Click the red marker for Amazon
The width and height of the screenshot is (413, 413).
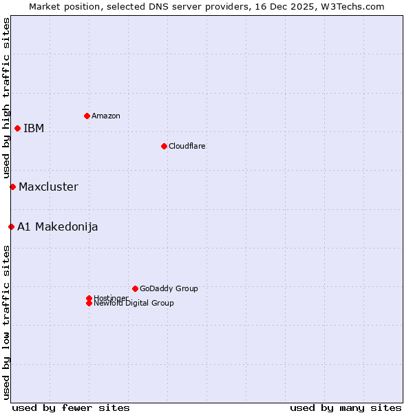click(x=87, y=116)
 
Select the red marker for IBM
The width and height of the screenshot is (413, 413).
click(x=17, y=128)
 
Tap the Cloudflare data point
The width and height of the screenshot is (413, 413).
click(x=164, y=146)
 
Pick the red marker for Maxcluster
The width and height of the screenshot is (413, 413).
click(x=12, y=187)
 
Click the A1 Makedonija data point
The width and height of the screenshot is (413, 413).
click(x=11, y=226)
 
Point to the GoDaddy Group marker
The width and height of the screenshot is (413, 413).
click(x=135, y=288)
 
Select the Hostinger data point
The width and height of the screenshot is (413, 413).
click(x=89, y=298)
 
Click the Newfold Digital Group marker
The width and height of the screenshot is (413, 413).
click(x=89, y=303)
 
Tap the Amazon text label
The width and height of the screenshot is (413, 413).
click(x=106, y=116)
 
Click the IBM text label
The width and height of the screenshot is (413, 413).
click(x=34, y=129)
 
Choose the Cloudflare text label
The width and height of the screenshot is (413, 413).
click(x=187, y=146)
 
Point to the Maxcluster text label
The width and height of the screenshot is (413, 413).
click(x=48, y=187)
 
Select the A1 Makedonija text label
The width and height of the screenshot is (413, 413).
click(x=58, y=227)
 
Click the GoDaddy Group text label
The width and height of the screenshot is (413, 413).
click(x=169, y=288)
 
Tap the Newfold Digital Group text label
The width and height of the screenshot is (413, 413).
click(x=134, y=304)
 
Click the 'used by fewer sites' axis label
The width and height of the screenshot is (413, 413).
click(x=71, y=407)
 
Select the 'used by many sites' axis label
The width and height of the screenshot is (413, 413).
click(x=346, y=407)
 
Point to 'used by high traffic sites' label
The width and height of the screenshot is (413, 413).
click(x=7, y=98)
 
